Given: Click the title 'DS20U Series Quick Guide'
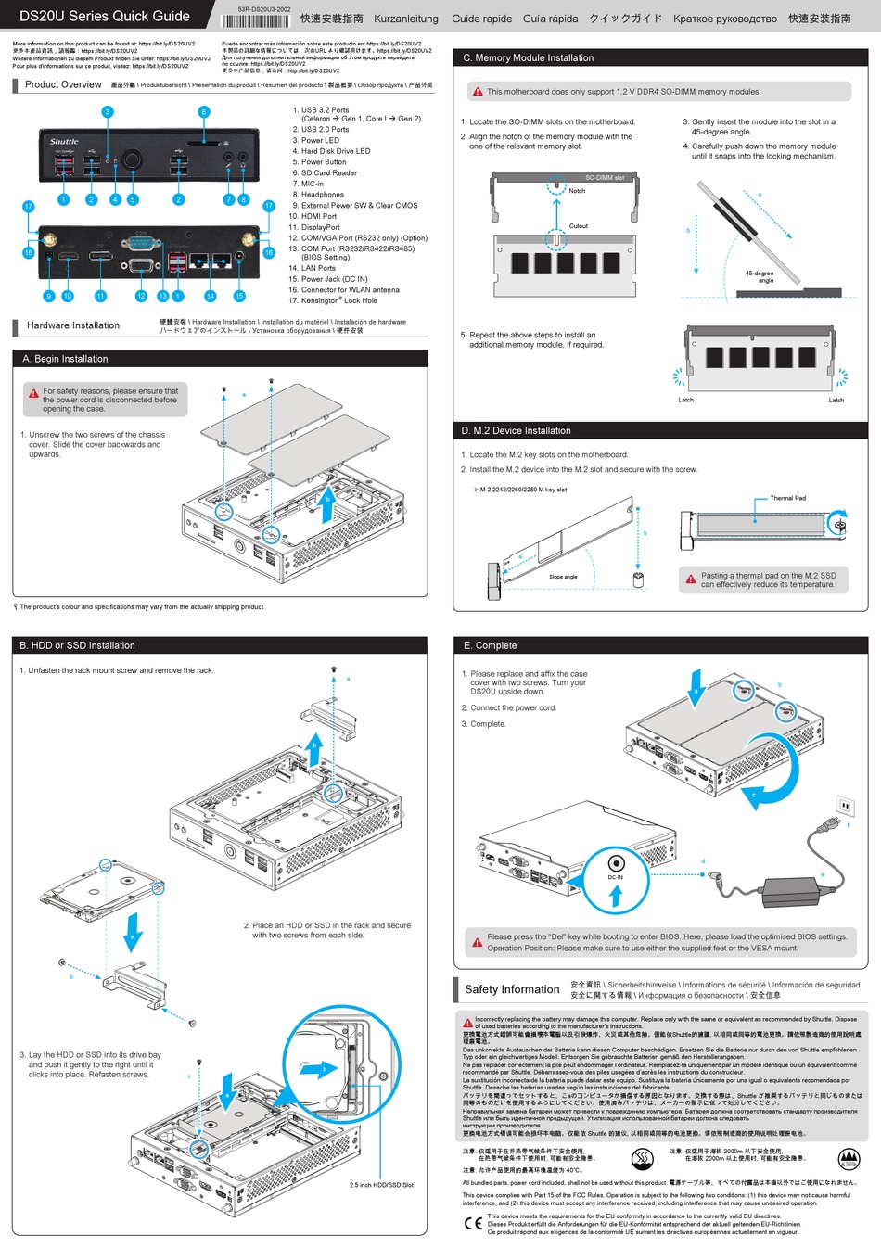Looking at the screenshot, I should coord(104,16).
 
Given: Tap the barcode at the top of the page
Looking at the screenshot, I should coord(256,20).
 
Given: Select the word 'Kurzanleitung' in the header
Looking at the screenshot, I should coord(406,19).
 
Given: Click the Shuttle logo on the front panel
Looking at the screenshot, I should coord(64,142).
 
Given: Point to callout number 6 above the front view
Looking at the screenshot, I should coord(204,112).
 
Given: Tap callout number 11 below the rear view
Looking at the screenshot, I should coord(100,297).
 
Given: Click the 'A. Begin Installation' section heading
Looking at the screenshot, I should coord(65,359).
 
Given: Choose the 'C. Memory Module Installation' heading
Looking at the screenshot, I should coord(528,57).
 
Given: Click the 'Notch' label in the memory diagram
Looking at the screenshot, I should coord(577,191).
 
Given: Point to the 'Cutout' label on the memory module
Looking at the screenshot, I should coord(579,226).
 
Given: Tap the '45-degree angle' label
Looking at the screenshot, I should coord(760,276).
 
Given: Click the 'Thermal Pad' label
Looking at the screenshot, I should coord(787,498).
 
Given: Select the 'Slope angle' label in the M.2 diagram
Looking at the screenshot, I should coord(563,577).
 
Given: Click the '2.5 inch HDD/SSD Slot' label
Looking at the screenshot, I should coord(381,1185).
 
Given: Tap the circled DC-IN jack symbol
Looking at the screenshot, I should coord(616,863).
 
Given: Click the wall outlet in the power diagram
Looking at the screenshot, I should coord(845,804).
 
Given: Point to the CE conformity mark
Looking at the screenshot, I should coord(473,1223).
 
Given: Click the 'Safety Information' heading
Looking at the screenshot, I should coord(512,989).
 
